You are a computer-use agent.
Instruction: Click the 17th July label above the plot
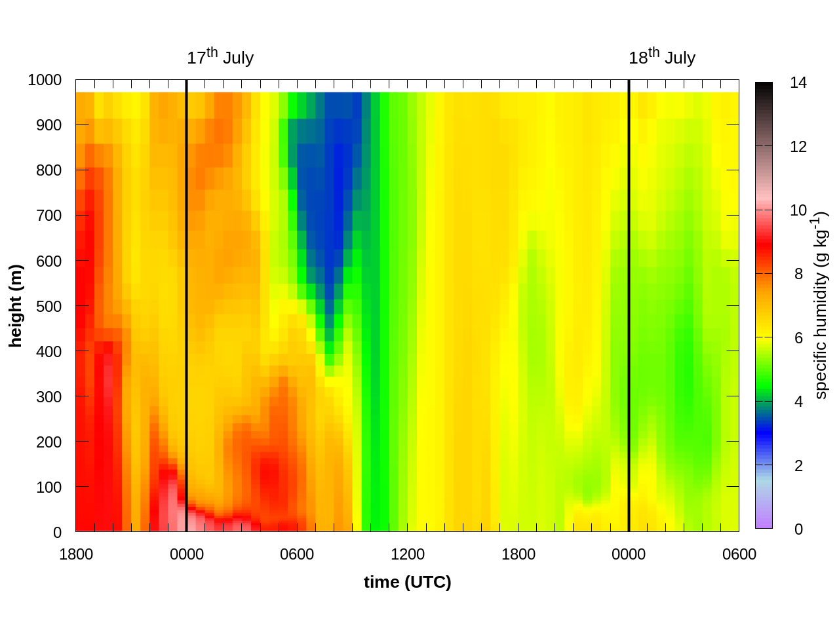coord(220,58)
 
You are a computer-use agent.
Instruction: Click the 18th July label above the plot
coord(661,58)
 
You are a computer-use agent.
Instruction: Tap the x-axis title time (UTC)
coord(407,582)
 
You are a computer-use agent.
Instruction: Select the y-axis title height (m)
coord(16,306)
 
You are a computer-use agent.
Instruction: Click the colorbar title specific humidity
coord(821,305)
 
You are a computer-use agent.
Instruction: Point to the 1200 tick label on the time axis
coord(407,554)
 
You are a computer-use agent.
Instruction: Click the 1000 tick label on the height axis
coord(45,80)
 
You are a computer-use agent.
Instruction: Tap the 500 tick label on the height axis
coord(49,306)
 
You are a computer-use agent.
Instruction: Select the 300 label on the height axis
coord(49,396)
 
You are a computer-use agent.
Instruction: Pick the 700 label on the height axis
coord(49,216)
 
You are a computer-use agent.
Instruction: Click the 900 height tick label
coord(49,125)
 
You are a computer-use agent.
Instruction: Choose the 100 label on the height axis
coord(49,487)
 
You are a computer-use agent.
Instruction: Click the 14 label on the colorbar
coord(798,83)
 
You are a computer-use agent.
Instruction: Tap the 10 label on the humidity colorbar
coord(798,210)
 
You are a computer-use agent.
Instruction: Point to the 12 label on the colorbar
coord(798,147)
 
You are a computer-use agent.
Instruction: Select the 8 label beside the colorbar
coord(798,274)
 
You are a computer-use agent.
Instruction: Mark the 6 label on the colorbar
coord(798,338)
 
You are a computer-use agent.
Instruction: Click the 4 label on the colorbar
coord(798,402)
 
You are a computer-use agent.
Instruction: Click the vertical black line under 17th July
coord(187,295)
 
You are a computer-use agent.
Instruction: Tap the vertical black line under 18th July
coord(629,295)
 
